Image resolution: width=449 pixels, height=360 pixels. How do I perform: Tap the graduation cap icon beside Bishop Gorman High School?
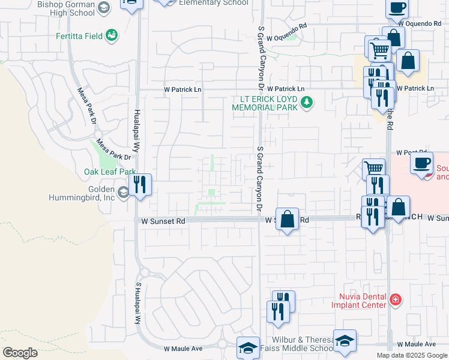(103, 8)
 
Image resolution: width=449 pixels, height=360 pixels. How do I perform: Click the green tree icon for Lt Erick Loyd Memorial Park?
(307, 102)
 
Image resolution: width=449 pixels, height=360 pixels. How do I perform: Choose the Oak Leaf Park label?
(110, 172)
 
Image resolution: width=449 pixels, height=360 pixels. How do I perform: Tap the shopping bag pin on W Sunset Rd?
(288, 218)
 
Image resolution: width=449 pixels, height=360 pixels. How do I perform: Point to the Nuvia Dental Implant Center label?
(358, 300)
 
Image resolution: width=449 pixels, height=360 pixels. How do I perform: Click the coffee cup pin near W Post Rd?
(423, 162)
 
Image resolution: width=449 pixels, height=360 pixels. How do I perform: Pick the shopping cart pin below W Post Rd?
(374, 169)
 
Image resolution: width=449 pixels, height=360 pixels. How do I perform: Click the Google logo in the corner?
(20, 352)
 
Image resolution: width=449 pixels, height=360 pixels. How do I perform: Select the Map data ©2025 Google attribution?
(411, 355)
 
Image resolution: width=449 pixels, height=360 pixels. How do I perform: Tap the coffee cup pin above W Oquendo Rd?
(396, 8)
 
